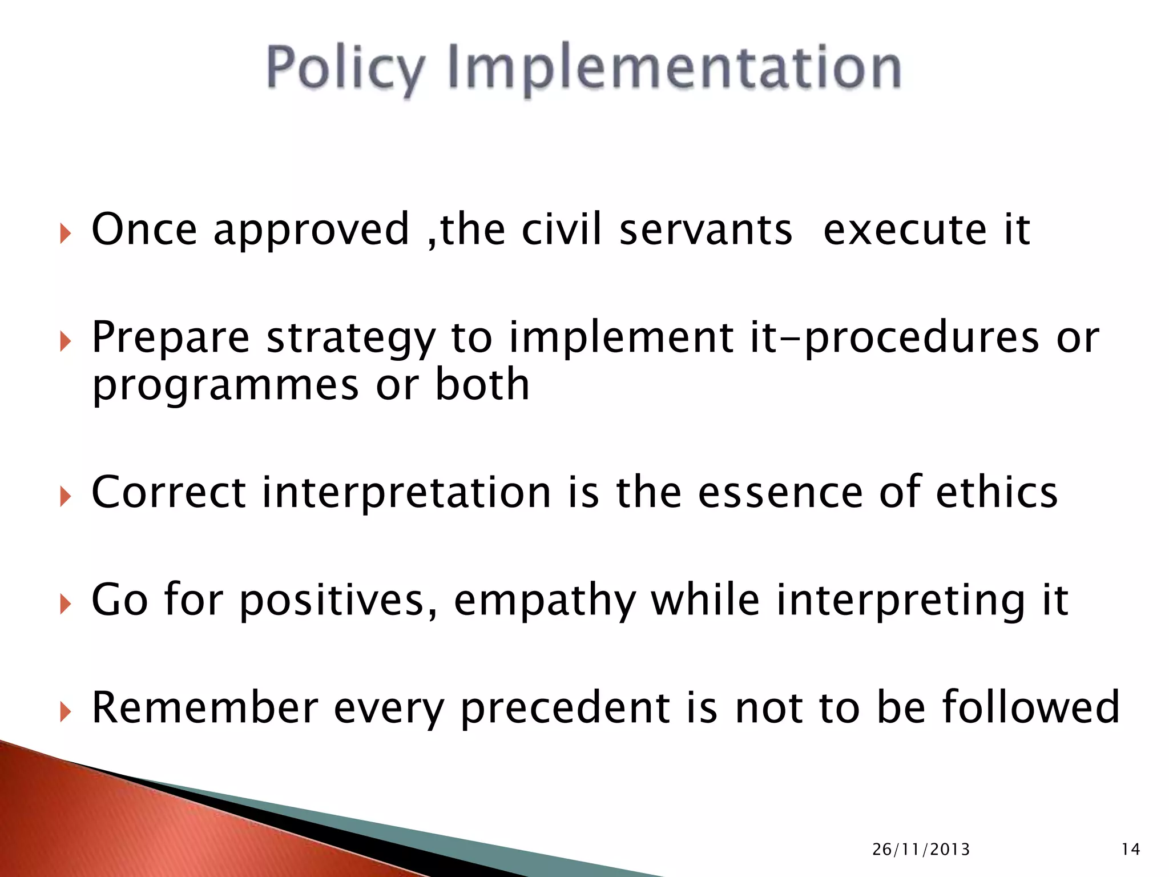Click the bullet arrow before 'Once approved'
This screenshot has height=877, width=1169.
coord(65,233)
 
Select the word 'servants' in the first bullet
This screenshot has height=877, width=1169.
coord(706,230)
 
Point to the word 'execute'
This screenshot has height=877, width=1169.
coord(905,230)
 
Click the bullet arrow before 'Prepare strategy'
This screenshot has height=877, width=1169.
coord(65,341)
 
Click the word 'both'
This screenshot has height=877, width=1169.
coord(482,384)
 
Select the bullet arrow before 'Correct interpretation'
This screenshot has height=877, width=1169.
coord(65,496)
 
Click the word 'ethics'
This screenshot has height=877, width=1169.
coord(997,492)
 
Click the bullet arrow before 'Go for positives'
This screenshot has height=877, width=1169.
coord(65,604)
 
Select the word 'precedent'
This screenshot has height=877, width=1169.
coord(565,708)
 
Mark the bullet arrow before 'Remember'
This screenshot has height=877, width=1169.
coord(65,711)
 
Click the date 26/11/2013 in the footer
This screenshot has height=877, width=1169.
coord(921,850)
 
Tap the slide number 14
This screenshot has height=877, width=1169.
coord(1130,850)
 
